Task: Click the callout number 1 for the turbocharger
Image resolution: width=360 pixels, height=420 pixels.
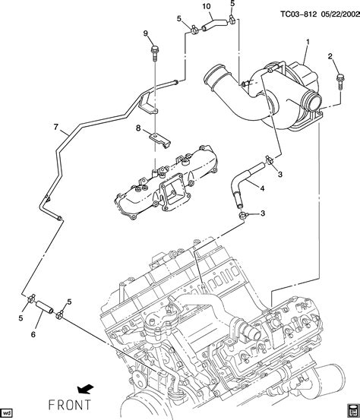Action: (308, 43)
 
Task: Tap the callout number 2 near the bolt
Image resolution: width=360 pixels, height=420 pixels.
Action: (330, 56)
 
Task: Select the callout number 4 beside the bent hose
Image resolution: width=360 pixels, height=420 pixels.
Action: (262, 188)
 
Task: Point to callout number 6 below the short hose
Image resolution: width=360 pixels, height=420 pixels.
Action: (33, 334)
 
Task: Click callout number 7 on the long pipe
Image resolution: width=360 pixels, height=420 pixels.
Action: (55, 127)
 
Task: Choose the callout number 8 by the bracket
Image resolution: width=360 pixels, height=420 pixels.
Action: (138, 128)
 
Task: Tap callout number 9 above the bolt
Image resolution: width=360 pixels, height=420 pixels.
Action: (146, 33)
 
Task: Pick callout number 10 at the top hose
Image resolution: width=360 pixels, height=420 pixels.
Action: (207, 6)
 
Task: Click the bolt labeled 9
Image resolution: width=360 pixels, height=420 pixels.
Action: (154, 54)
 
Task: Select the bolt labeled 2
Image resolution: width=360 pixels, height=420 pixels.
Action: (340, 82)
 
